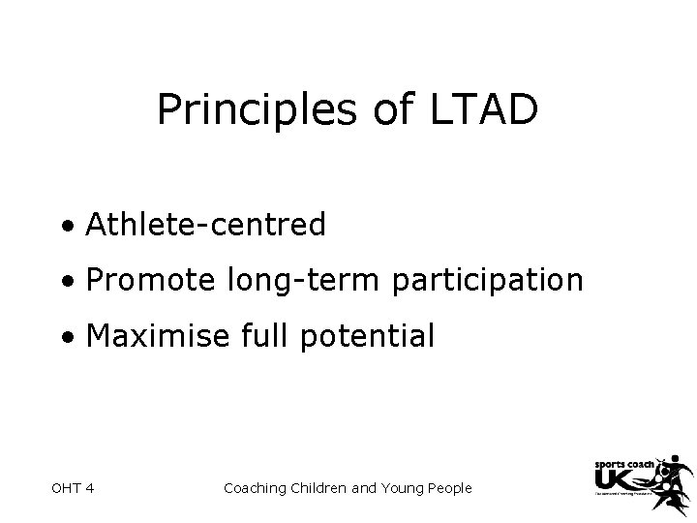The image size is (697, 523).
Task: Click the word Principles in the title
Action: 257,112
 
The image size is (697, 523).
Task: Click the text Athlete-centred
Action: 205,225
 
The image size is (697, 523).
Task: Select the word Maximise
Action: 159,336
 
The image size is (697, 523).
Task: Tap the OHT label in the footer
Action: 63,488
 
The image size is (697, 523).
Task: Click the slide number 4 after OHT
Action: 89,488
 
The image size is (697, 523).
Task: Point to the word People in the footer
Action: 447,488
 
